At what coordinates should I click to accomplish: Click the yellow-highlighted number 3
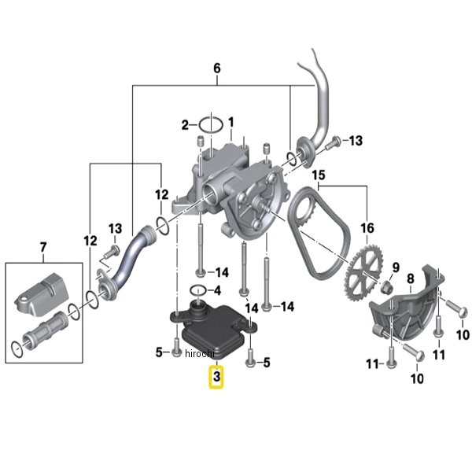click(x=216, y=377)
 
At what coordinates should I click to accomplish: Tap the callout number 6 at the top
click(x=217, y=68)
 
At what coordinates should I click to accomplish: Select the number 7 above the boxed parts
click(x=43, y=247)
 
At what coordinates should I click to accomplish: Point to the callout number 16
click(x=367, y=228)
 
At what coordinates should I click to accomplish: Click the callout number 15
click(x=319, y=175)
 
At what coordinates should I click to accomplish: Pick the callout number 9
click(x=395, y=267)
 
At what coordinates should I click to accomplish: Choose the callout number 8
click(x=411, y=279)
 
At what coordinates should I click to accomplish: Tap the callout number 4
click(x=217, y=291)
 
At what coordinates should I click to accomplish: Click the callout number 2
click(x=185, y=125)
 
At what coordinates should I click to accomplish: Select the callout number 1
click(x=230, y=123)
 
